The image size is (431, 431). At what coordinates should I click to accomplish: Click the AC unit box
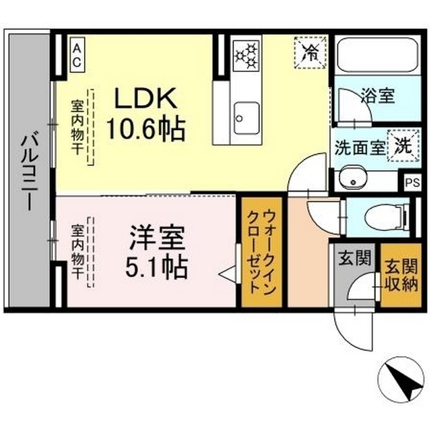(x=76, y=54)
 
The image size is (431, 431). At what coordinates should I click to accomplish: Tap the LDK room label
(x=145, y=99)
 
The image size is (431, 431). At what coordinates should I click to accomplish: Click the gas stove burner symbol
(x=246, y=53)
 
